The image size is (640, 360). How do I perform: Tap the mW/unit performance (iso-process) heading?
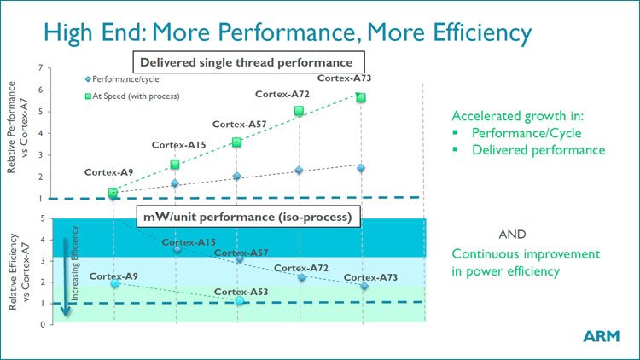(247, 217)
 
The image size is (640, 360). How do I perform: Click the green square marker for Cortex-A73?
(361, 97)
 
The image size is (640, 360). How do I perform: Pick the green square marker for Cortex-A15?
(175, 164)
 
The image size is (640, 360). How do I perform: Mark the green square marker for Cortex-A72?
(299, 111)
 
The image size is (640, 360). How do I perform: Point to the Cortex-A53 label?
(240, 291)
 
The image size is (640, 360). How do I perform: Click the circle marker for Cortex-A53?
(240, 302)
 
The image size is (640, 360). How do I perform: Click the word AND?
(512, 234)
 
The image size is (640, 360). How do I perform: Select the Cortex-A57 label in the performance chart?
(239, 124)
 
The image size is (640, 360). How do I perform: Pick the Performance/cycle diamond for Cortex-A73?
(361, 168)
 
